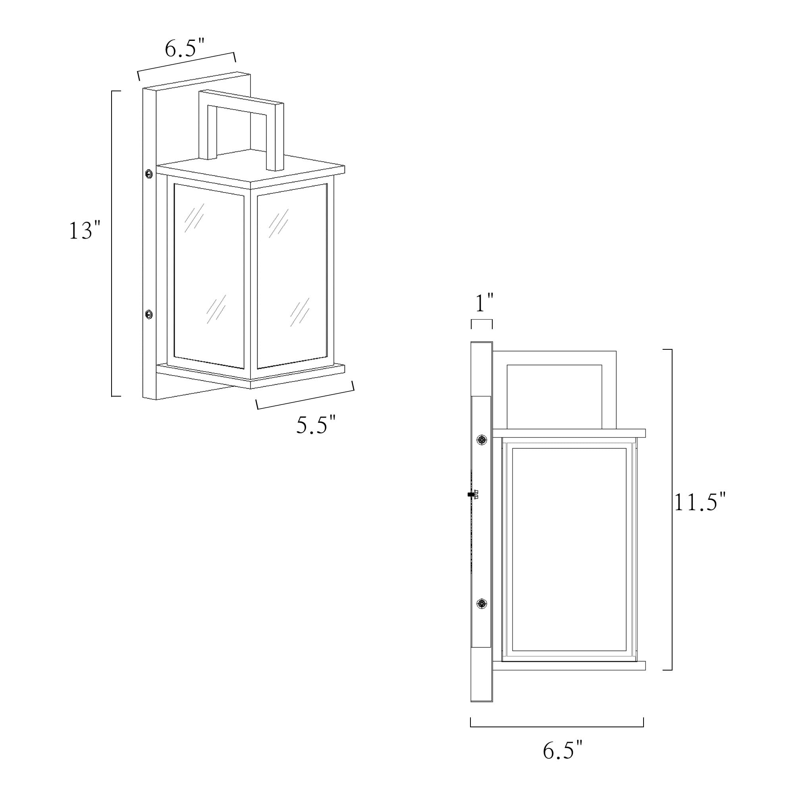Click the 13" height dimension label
click(x=84, y=231)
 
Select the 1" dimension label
click(x=484, y=303)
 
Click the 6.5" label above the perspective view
click(x=185, y=48)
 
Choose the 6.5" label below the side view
click(x=563, y=751)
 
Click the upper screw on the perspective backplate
click(x=149, y=174)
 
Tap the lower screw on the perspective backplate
click(x=149, y=314)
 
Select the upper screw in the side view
click(x=482, y=440)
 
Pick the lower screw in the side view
click(x=482, y=604)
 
